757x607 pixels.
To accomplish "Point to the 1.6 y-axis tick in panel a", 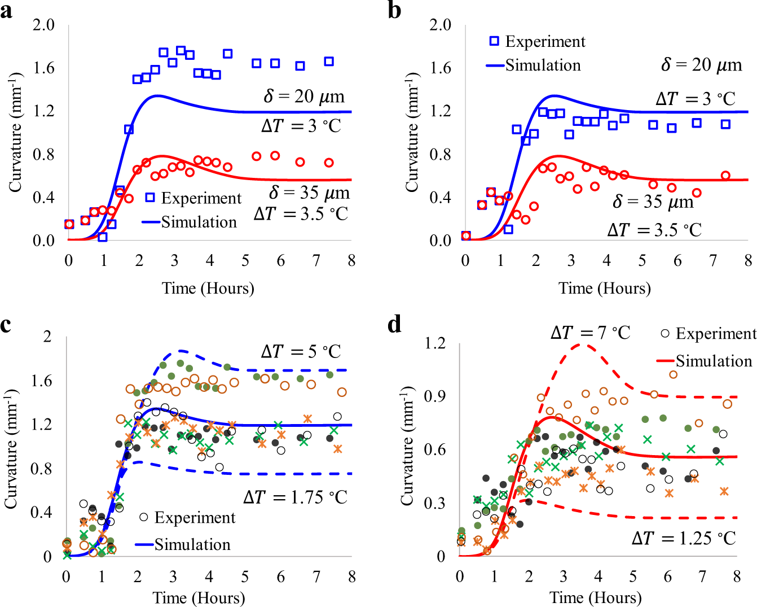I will point(43,68).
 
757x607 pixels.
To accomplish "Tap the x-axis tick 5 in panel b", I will point(642,261).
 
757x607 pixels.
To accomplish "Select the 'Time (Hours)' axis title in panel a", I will point(208,289).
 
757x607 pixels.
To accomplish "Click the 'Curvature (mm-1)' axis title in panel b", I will point(412,132).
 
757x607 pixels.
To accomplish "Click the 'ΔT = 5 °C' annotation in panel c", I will point(301,352).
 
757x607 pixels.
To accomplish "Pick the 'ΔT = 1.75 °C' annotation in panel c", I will point(296,497).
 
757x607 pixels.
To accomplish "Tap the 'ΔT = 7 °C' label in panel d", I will point(590,333).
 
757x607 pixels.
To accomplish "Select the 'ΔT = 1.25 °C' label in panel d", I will point(684,539).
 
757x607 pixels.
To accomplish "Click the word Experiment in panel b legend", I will point(545,42).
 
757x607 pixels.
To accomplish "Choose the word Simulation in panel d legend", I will point(714,361).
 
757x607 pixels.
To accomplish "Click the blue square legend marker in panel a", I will point(149,198).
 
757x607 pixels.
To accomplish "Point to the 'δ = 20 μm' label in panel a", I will point(303,97).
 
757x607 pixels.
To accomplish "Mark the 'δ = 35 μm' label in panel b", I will point(653,202).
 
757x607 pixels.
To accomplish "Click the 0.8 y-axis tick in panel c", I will point(40,469).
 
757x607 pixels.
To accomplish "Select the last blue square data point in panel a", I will point(329,62).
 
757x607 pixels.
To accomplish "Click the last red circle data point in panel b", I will point(725,176).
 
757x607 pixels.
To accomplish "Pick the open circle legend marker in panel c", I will point(144,517).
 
